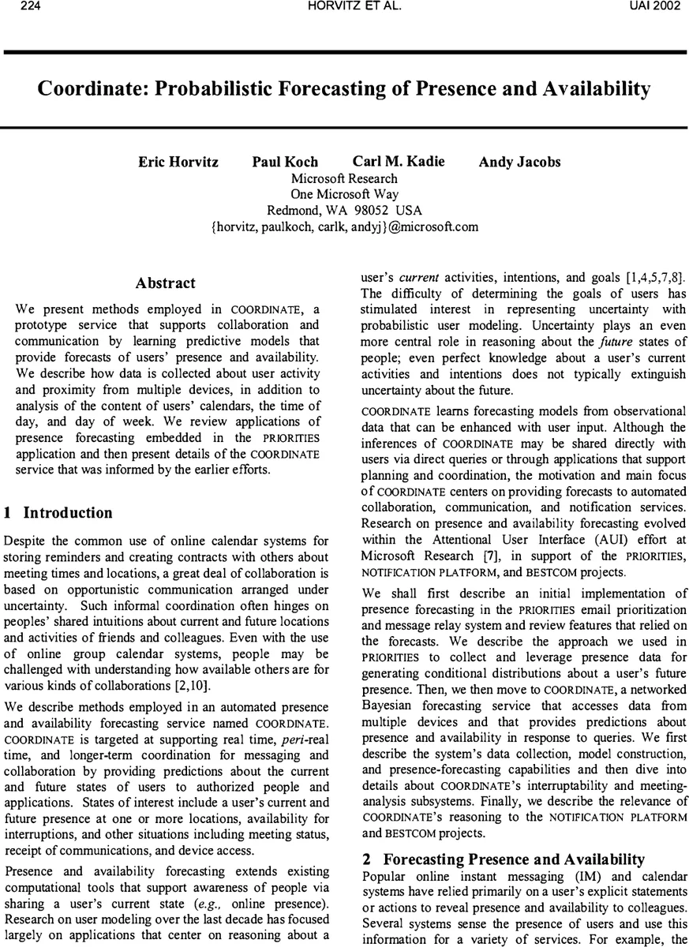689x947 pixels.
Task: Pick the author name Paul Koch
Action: coord(285,162)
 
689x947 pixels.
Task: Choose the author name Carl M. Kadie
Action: coord(399,161)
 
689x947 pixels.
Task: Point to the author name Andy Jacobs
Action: coord(519,162)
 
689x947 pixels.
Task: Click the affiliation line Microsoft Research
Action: coord(344,178)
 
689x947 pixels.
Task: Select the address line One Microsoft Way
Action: coord(344,194)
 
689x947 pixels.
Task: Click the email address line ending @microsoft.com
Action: coord(345,227)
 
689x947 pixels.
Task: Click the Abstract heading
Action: coord(165,283)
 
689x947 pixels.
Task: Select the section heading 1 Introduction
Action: coord(58,513)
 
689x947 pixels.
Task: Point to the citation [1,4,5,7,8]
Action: coord(646,278)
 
